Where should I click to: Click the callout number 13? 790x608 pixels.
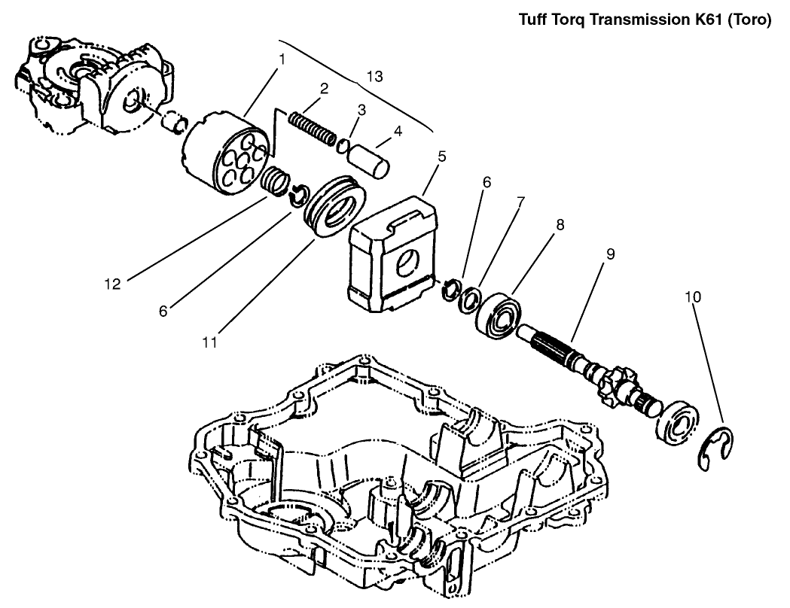(374, 76)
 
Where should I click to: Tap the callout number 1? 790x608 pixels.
(281, 57)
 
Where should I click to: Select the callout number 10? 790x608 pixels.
(693, 296)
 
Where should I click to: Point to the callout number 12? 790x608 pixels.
(112, 284)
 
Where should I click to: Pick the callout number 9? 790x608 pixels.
(610, 254)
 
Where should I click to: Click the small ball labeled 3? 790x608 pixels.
(343, 145)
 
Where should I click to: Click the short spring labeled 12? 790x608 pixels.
(276, 181)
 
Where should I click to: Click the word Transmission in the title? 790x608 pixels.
(640, 20)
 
